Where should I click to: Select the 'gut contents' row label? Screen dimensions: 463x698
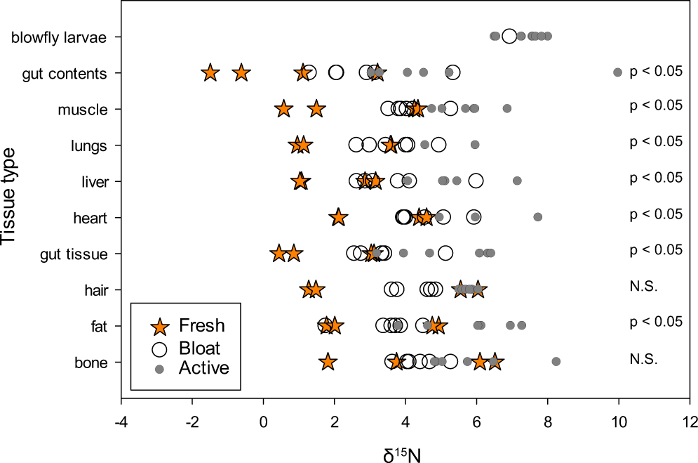65,73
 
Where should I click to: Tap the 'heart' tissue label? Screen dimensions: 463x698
90,219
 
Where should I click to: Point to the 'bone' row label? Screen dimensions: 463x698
90,363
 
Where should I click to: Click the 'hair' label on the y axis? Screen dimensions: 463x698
94,290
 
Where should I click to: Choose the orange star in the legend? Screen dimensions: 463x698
161,326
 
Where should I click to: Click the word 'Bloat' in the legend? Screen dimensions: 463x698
199,348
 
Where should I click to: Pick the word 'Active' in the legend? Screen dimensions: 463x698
203,367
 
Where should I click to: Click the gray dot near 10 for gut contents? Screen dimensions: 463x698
617,72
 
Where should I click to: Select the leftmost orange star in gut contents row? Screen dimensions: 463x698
210,72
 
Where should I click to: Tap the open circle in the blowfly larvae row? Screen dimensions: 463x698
509,36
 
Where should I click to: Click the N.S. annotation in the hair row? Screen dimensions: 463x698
643,286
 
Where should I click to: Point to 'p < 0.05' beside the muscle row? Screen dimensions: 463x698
656,105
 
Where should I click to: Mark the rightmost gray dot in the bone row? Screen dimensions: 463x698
556,361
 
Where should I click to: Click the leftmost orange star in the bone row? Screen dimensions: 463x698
328,362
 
